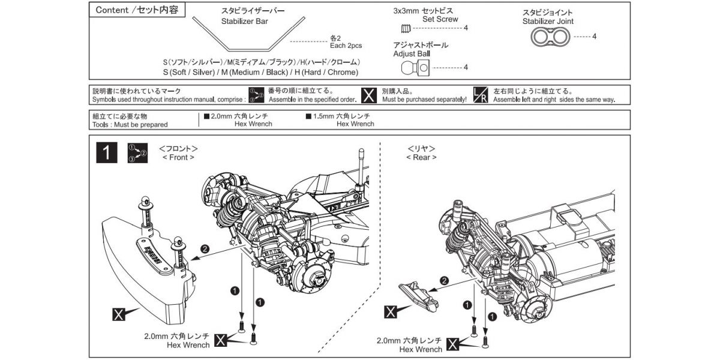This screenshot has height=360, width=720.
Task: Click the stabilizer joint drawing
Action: pyautogui.click(x=550, y=37)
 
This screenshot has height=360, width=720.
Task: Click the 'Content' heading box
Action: pyautogui.click(x=137, y=11)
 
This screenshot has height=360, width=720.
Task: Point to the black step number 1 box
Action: pyautogui.click(x=106, y=153)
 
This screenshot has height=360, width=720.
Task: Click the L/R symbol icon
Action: pyautogui.click(x=480, y=95)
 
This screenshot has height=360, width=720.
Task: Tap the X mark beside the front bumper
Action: pyautogui.click(x=119, y=313)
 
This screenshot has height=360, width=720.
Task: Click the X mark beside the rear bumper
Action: pyautogui.click(x=391, y=311)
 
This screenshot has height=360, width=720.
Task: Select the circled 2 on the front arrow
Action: pyautogui.click(x=205, y=248)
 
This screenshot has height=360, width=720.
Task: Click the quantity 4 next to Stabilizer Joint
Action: pyautogui.click(x=594, y=37)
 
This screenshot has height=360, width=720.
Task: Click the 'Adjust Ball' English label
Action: pyautogui.click(x=412, y=53)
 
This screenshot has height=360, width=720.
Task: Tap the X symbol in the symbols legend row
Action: pyautogui.click(x=370, y=95)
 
